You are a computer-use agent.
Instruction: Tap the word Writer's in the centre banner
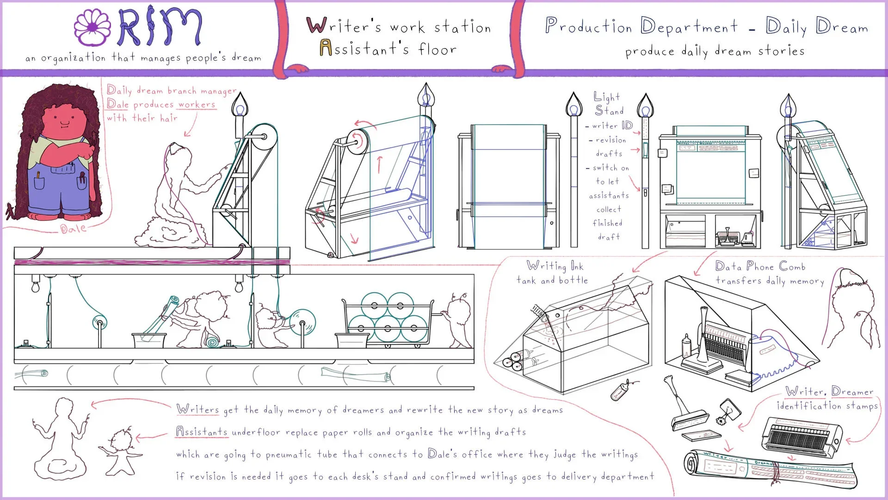345,26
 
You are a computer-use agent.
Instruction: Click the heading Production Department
641,26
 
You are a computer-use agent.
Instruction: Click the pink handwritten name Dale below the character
73,228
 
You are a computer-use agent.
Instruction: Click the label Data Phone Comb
760,267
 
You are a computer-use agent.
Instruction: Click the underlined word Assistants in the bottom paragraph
202,432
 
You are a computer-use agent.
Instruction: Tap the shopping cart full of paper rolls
388,319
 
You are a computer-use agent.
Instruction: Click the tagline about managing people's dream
143,58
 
